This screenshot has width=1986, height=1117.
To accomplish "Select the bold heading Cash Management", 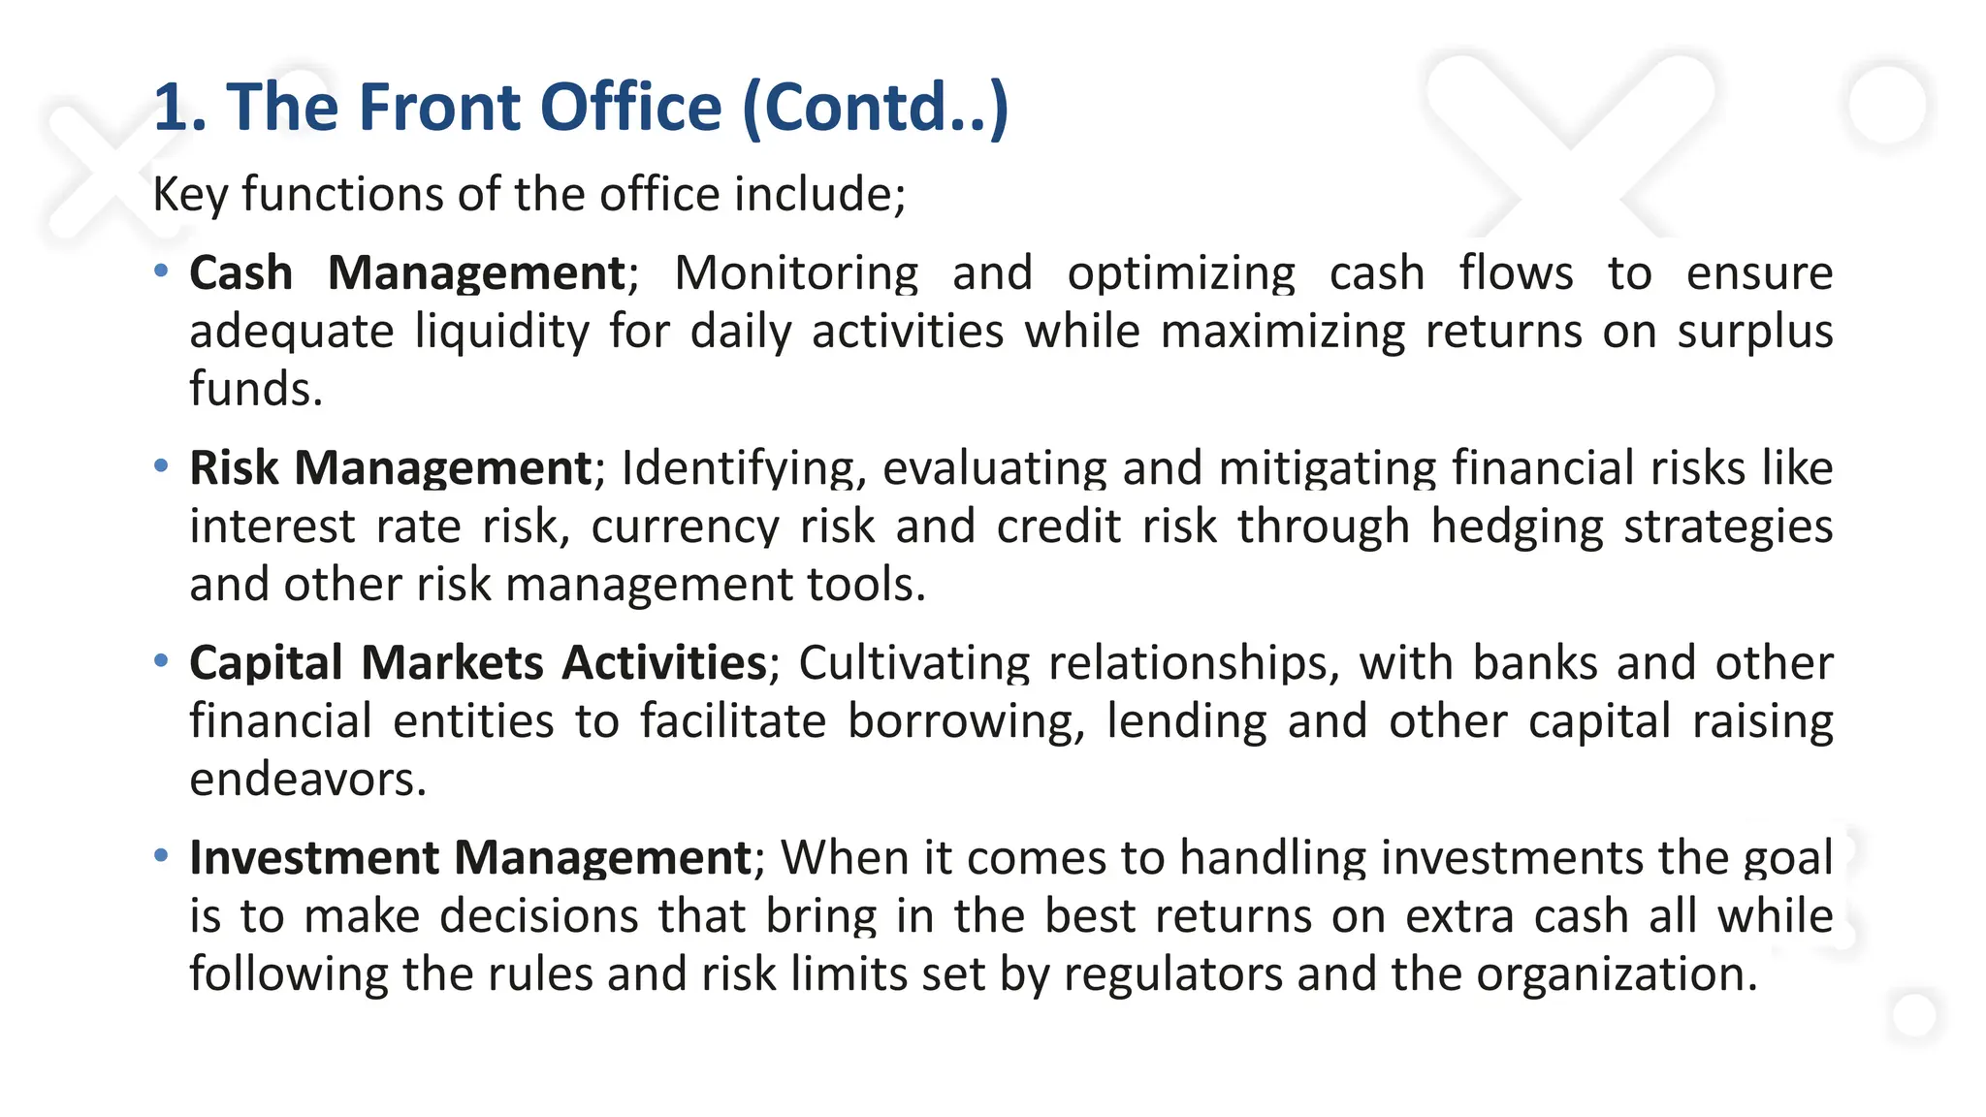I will pos(407,273).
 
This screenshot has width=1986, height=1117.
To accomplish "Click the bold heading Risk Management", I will pos(390,468).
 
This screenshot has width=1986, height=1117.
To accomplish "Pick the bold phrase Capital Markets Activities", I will pos(478,663).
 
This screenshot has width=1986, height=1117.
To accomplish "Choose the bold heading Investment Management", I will pos(470,858).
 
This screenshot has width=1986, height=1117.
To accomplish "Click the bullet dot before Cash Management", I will pos(162,271).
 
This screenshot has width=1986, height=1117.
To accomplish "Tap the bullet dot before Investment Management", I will pos(162,855).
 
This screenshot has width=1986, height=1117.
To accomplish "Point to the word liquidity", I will pos(501,332).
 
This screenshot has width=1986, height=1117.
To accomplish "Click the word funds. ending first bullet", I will pos(255,390).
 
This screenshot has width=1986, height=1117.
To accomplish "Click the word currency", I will pos(685,527).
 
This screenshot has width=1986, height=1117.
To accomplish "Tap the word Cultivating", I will pos(913,663).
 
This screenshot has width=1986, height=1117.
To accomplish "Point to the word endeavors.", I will pos(307,780).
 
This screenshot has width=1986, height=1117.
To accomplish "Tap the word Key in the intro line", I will pos(190,194).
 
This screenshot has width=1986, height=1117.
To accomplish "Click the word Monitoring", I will pos(795,273).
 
